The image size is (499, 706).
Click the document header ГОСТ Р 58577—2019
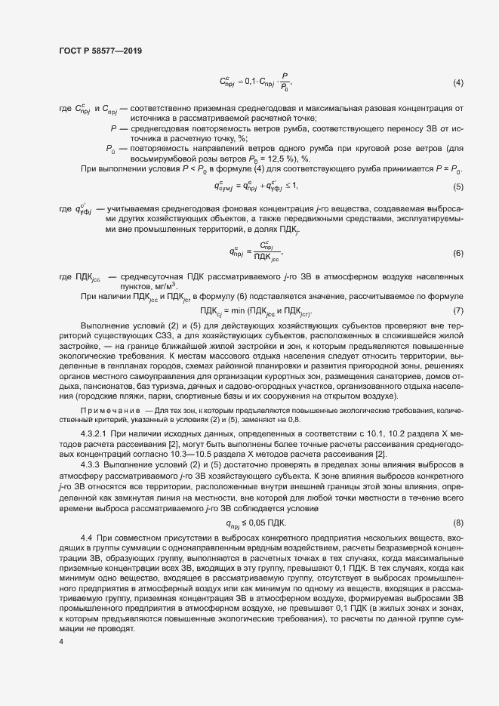(x=100, y=51)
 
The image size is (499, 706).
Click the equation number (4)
(x=457, y=82)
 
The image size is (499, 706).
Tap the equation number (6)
(x=457, y=252)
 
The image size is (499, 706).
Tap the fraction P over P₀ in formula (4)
(x=285, y=82)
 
